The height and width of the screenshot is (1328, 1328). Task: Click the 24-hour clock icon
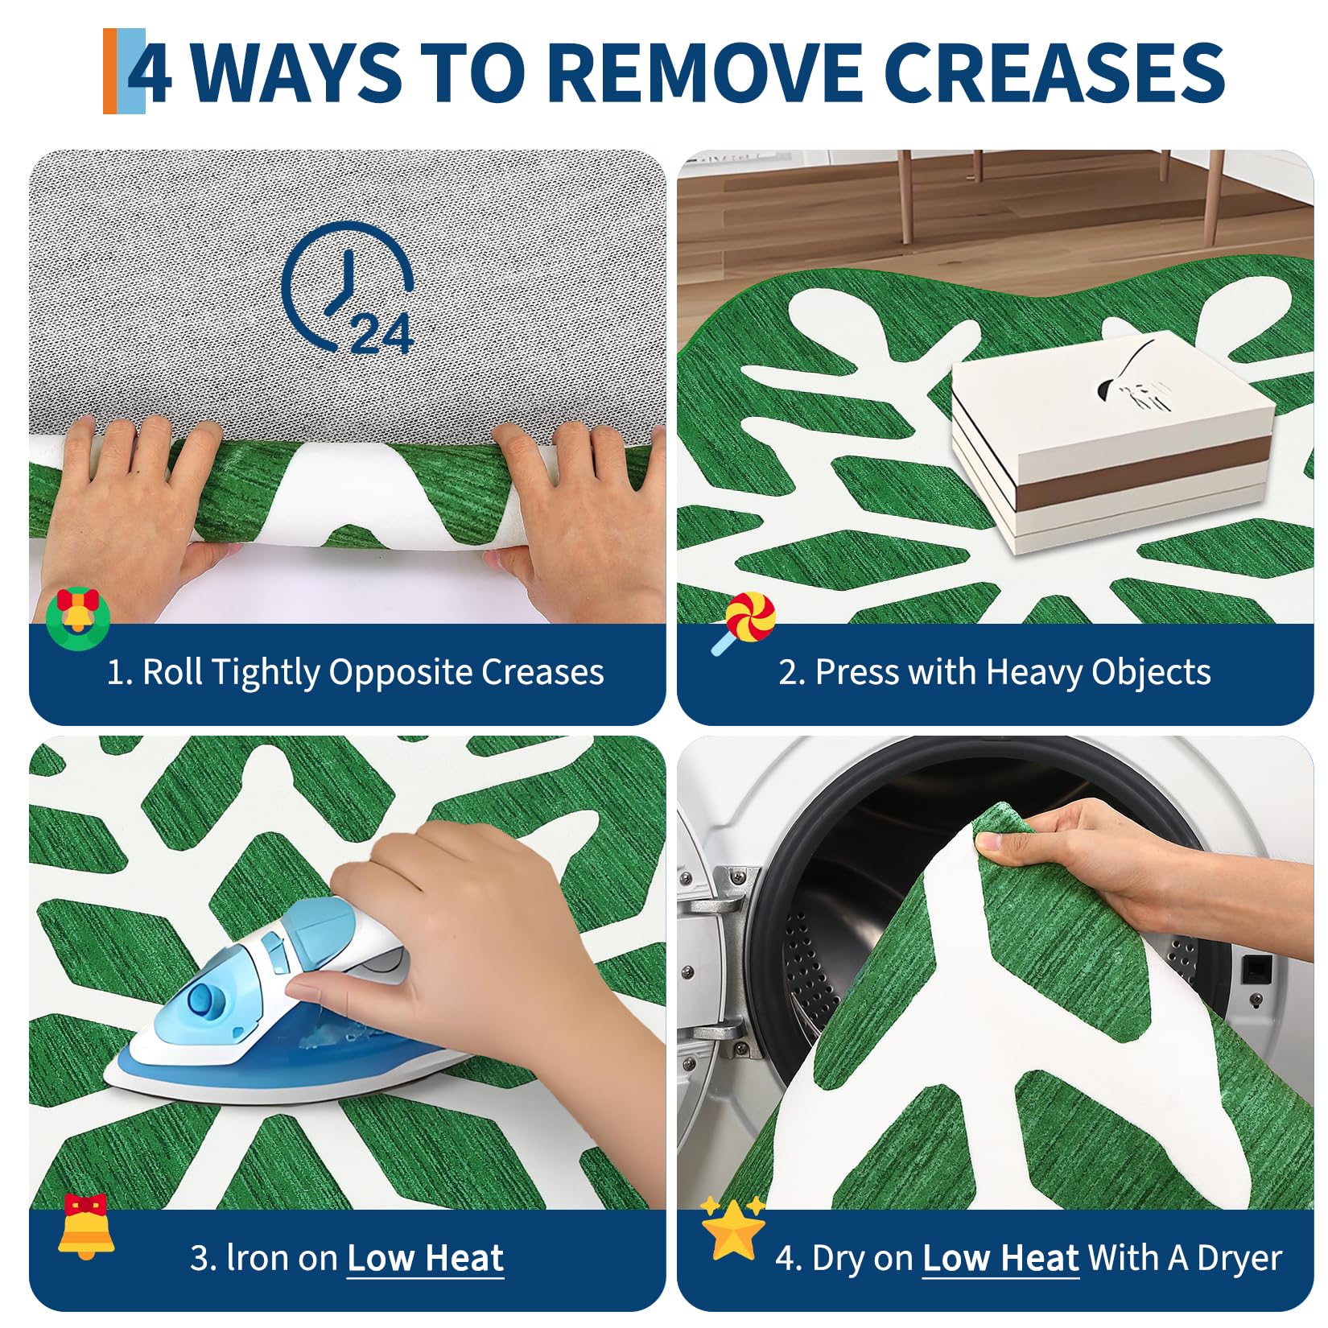coord(348,288)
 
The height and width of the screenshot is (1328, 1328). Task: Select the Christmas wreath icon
coord(77,617)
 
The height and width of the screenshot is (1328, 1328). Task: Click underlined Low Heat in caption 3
coord(425,1258)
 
